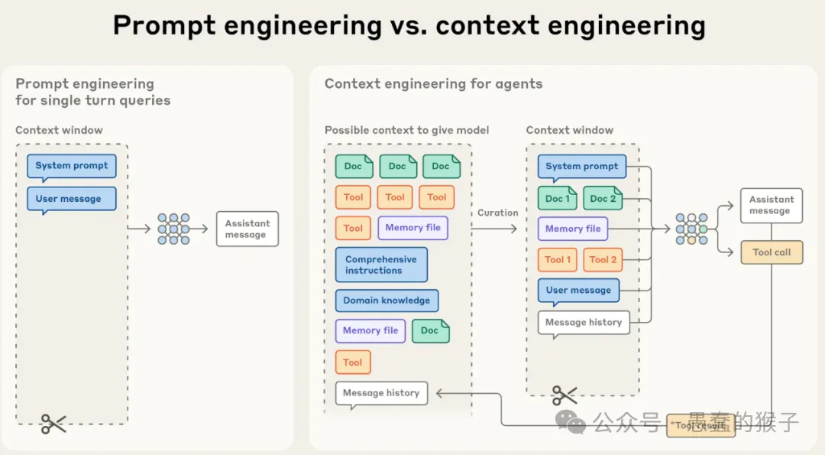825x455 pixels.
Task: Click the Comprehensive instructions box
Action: click(x=381, y=265)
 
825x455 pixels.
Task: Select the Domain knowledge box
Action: click(x=387, y=301)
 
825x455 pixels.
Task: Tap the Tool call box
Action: click(x=772, y=252)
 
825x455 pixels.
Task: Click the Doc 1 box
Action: click(x=558, y=199)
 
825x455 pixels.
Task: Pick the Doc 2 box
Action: click(x=602, y=199)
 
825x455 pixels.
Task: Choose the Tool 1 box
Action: click(x=558, y=259)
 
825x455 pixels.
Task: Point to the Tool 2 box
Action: click(x=603, y=259)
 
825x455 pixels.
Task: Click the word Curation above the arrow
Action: click(x=498, y=213)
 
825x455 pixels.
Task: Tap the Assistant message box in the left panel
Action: click(x=247, y=229)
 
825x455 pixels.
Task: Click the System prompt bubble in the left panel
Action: click(x=72, y=166)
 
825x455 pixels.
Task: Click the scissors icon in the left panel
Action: click(x=53, y=424)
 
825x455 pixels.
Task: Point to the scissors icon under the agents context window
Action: click(x=565, y=395)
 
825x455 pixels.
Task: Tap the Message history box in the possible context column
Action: click(x=381, y=393)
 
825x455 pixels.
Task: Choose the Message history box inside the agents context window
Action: click(x=584, y=323)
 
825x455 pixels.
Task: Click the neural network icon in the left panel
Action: click(x=173, y=229)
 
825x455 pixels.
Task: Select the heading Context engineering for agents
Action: click(x=433, y=84)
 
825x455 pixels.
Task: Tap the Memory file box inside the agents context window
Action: click(x=573, y=229)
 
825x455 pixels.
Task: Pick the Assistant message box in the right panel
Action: click(x=772, y=205)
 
